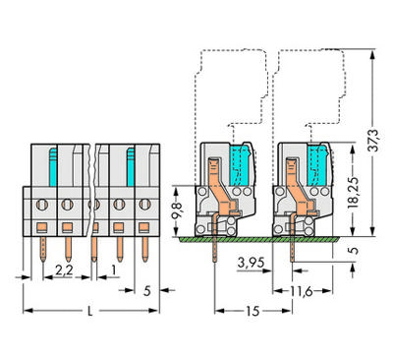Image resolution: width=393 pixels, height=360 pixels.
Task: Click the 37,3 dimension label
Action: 372,141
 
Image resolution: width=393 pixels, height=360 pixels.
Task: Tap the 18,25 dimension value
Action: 353,194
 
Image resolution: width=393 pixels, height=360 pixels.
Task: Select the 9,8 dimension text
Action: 177,212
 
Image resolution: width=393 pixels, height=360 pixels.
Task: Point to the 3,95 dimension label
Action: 251,263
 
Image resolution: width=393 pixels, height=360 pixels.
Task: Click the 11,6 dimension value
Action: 302,291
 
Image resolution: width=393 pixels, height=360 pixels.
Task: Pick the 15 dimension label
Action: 253,311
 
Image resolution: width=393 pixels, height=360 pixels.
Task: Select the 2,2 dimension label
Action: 64,270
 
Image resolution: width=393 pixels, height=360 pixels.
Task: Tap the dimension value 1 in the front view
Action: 113,270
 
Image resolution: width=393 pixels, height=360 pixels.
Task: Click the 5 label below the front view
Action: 147,290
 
